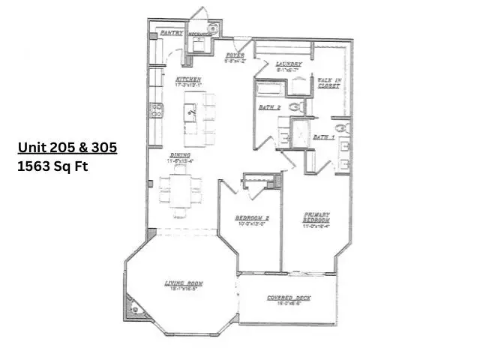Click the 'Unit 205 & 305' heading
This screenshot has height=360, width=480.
tap(67, 148)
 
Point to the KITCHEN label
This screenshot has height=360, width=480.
tap(188, 79)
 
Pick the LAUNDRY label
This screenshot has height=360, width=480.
tap(288, 64)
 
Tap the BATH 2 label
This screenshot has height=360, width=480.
tap(270, 108)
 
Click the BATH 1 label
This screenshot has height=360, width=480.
tap(323, 137)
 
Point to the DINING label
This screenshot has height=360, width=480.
tap(178, 155)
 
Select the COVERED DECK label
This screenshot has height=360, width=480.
tap(289, 298)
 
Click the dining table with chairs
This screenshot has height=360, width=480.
tap(180, 191)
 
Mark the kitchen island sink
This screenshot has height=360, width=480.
tap(191, 114)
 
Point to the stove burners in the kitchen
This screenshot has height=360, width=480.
tap(157, 110)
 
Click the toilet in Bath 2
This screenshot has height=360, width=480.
tap(295, 107)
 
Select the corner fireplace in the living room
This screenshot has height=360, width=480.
tap(135, 306)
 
